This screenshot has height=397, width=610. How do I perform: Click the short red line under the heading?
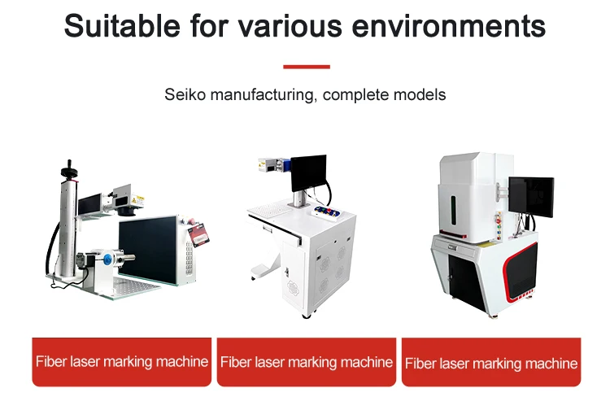click(x=306, y=67)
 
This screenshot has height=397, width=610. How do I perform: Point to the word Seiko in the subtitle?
click(x=185, y=95)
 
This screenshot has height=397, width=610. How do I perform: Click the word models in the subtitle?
click(x=418, y=95)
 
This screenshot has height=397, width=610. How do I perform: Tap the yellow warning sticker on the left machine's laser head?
click(x=139, y=198)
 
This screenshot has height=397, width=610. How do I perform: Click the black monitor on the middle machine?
click(x=308, y=172)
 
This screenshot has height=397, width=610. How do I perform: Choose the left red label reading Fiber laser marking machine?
click(x=121, y=361)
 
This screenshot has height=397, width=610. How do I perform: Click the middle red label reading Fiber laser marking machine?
click(x=307, y=361)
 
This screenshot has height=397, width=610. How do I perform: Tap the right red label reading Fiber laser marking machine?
click(x=491, y=363)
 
